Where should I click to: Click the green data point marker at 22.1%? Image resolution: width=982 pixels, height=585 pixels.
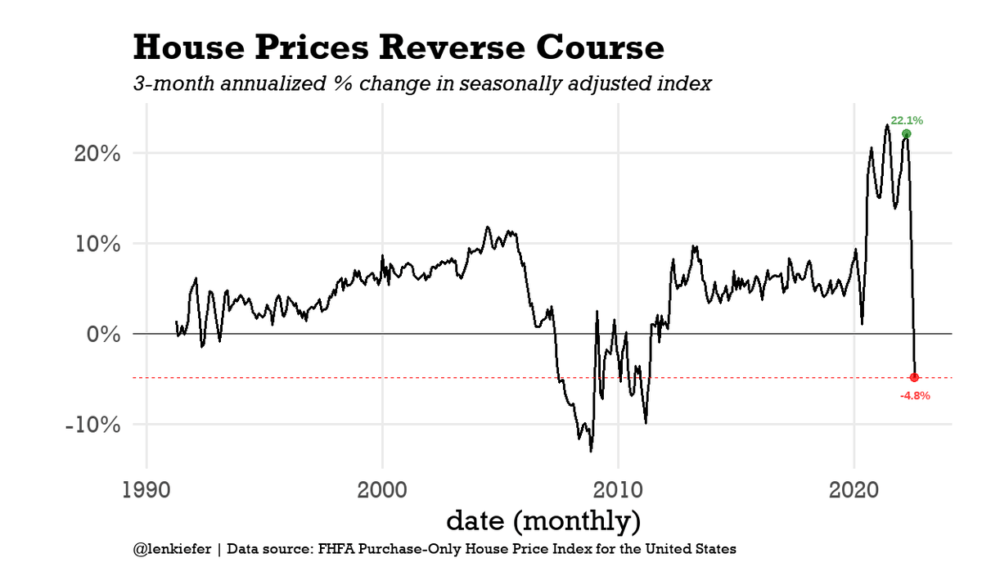click(906, 134)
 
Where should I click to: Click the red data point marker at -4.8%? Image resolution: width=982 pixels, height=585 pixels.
click(914, 377)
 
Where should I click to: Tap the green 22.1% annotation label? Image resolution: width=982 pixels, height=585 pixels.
click(907, 120)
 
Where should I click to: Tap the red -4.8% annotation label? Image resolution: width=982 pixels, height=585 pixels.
click(914, 395)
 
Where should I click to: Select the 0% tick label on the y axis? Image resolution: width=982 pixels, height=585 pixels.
click(105, 334)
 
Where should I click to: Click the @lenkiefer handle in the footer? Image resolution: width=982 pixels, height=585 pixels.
click(171, 549)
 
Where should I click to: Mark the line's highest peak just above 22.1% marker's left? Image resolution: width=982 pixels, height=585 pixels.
click(887, 125)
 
